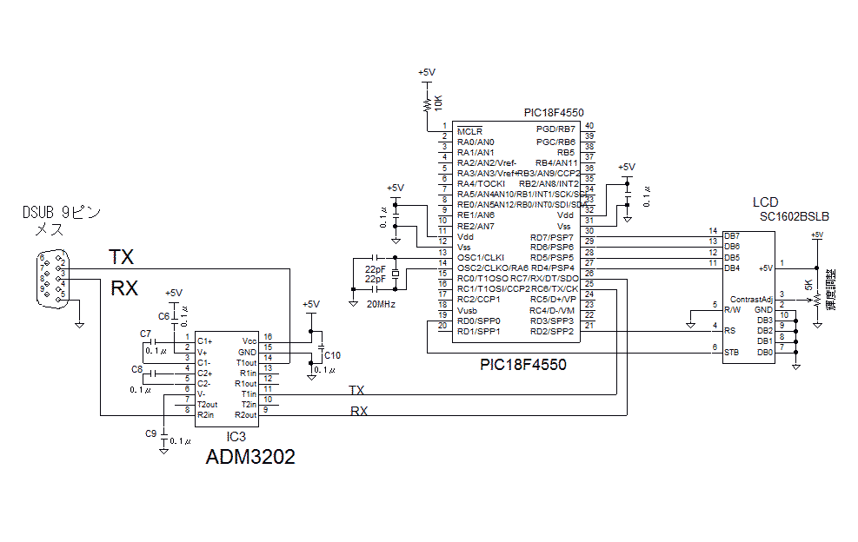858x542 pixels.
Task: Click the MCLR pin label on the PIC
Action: click(470, 131)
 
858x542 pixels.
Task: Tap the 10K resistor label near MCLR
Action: click(438, 102)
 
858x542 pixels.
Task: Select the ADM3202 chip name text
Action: click(249, 457)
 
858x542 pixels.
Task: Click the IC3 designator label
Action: click(236, 436)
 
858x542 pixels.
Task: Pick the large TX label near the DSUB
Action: click(122, 257)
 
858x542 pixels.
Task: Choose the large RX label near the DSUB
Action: click(124, 288)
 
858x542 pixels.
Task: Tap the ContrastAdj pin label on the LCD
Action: click(751, 299)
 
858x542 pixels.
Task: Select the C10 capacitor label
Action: click(332, 355)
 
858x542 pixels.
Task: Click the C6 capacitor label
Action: click(163, 316)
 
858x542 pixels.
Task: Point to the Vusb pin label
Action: click(468, 310)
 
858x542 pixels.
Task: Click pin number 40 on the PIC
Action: click(589, 127)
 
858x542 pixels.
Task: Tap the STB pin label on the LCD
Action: click(732, 352)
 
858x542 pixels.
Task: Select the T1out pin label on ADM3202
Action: click(247, 362)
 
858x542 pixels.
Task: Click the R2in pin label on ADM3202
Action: click(206, 415)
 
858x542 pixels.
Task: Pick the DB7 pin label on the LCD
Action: click(732, 235)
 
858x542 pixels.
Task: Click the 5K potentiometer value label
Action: click(808, 286)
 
